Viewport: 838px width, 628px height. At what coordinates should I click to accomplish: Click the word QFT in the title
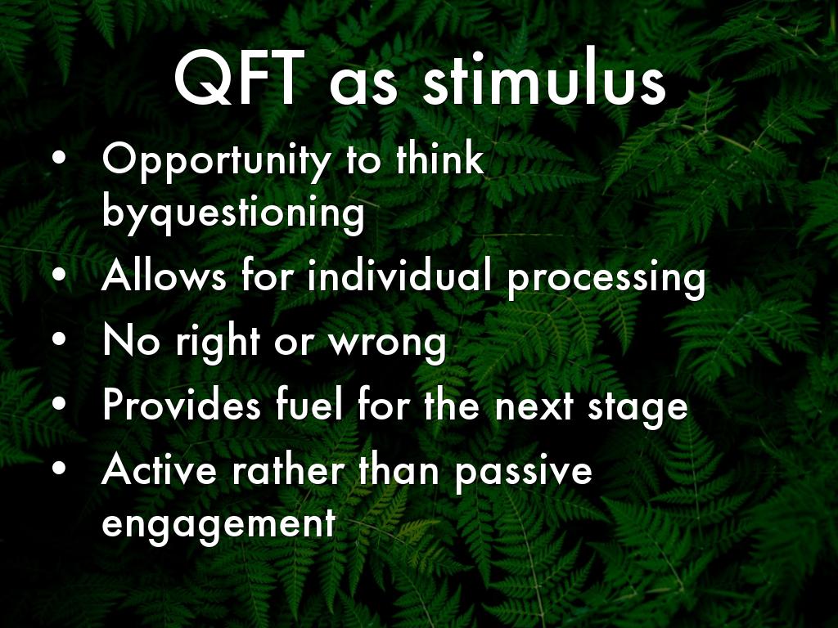(x=240, y=78)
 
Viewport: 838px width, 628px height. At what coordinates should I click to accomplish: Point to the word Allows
(x=164, y=276)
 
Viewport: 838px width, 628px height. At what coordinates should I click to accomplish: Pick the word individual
(x=399, y=276)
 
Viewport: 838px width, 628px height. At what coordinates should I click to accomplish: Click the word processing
(x=606, y=279)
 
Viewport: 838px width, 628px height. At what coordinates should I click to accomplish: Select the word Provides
(x=182, y=405)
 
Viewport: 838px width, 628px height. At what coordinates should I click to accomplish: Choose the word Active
(x=160, y=469)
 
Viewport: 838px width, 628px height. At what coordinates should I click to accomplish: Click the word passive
(x=524, y=473)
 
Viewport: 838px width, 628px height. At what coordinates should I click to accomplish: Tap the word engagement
(x=219, y=524)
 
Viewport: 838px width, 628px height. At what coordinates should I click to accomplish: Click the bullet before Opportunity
(x=59, y=159)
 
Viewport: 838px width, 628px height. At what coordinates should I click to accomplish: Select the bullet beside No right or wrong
(x=59, y=339)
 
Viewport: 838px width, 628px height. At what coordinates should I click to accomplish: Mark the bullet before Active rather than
(x=59, y=469)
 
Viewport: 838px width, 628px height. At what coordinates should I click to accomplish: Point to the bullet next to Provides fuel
(x=59, y=404)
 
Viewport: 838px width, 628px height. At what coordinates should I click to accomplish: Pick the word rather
(x=288, y=469)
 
